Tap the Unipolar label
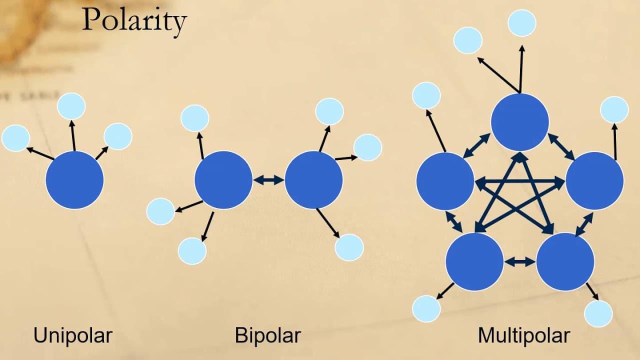coord(73,335)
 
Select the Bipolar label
coord(267,335)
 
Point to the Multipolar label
coord(524,335)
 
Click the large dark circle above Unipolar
coord(74,180)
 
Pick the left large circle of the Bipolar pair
coord(223,180)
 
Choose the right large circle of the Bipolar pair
coord(313,180)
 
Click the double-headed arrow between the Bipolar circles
coord(268,180)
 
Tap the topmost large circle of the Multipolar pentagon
coord(520,122)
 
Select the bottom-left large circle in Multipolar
coord(474,261)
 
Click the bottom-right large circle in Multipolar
coord(565,261)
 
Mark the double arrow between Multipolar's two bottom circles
coord(520,261)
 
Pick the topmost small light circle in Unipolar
coord(71,106)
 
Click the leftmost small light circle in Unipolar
coord(15,138)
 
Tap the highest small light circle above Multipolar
coord(522,23)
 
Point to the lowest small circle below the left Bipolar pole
coord(192,251)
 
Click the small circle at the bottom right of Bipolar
coord(349,247)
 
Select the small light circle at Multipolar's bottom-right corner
coord(598,313)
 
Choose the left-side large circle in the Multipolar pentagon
coord(445,181)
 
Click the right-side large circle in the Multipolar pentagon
coord(595,181)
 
